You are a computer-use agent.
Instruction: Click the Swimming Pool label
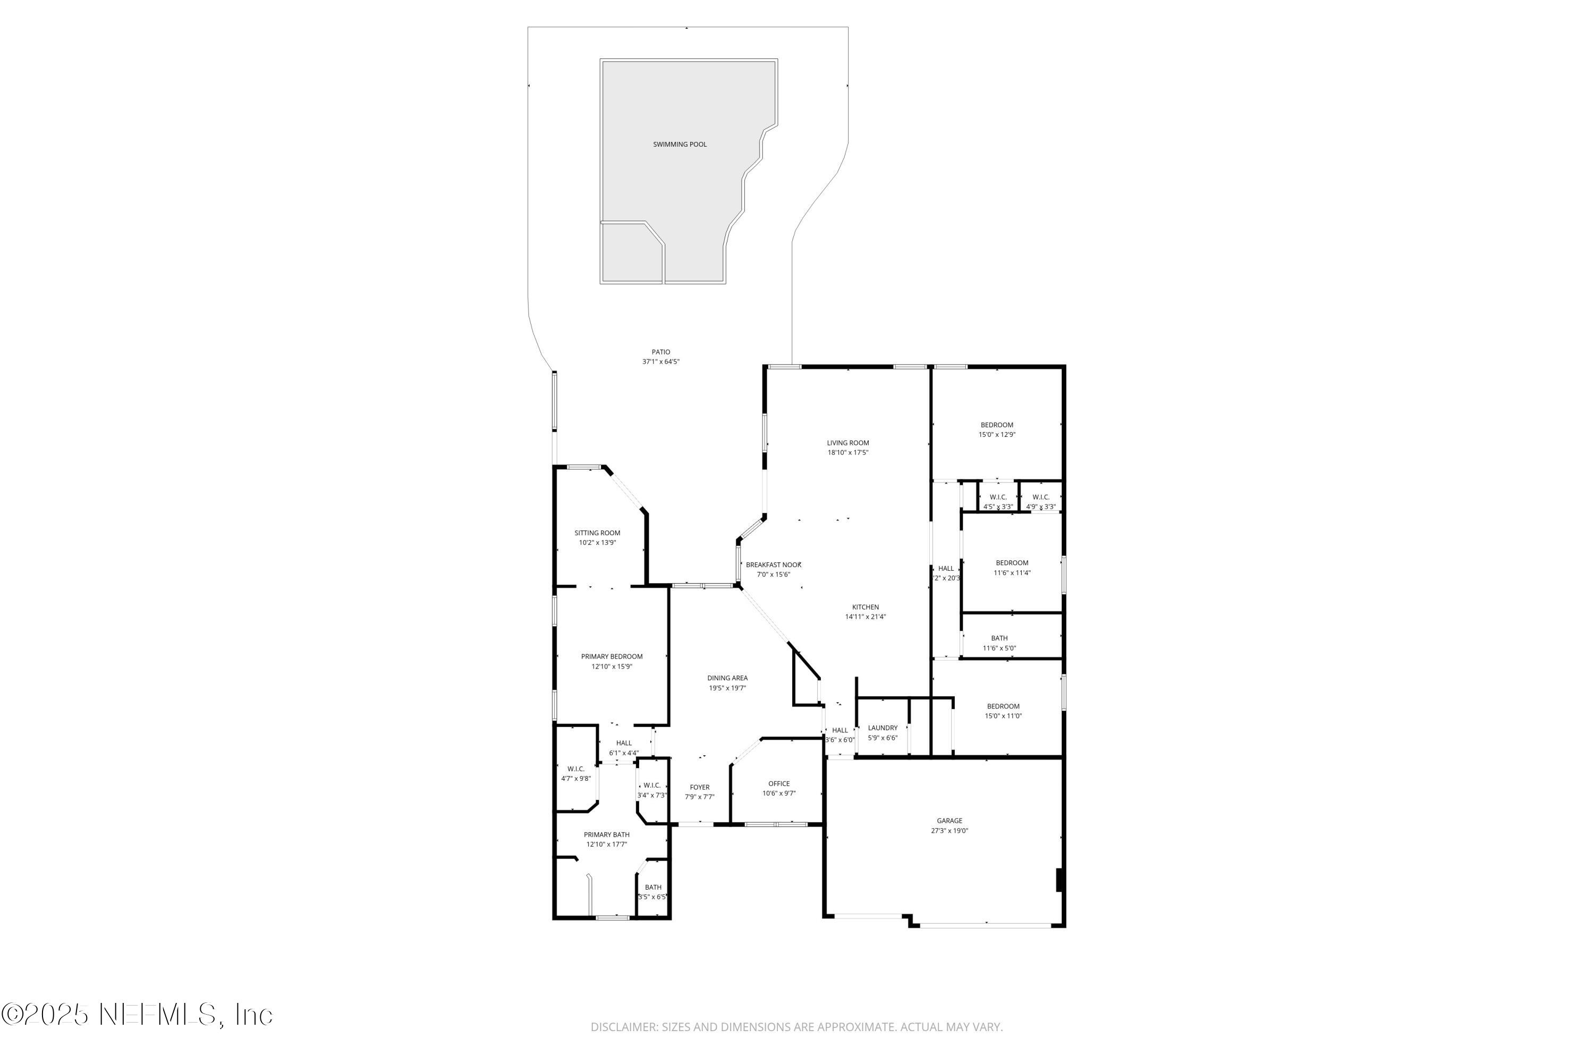pyautogui.click(x=680, y=145)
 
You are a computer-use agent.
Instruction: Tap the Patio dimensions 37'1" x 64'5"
pyautogui.click(x=661, y=362)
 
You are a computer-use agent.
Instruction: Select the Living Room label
pyautogui.click(x=848, y=443)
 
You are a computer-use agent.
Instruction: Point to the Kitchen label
pyautogui.click(x=866, y=608)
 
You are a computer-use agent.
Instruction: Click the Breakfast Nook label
pyautogui.click(x=773, y=564)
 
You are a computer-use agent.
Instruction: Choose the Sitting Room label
pyautogui.click(x=597, y=533)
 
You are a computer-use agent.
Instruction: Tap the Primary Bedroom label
pyautogui.click(x=612, y=656)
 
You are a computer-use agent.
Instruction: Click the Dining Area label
pyautogui.click(x=727, y=678)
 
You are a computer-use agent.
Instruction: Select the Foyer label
pyautogui.click(x=699, y=788)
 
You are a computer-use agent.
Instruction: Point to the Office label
pyautogui.click(x=779, y=783)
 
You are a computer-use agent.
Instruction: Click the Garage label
pyautogui.click(x=949, y=821)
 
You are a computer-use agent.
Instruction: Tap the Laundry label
pyautogui.click(x=883, y=728)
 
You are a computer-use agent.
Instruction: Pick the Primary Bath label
pyautogui.click(x=607, y=834)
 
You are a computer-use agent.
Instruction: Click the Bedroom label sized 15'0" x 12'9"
pyautogui.click(x=997, y=425)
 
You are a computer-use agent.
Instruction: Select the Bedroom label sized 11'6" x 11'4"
pyautogui.click(x=1012, y=563)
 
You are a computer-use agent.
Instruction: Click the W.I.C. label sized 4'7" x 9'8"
pyautogui.click(x=576, y=769)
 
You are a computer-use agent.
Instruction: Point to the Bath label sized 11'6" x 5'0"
pyautogui.click(x=999, y=638)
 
